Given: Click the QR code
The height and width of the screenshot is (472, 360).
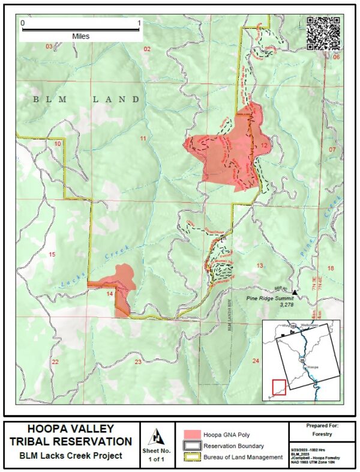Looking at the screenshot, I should tap(323, 34).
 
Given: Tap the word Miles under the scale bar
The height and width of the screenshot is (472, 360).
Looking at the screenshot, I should tap(80, 37).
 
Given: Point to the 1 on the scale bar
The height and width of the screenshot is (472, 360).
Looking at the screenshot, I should tap(139, 23).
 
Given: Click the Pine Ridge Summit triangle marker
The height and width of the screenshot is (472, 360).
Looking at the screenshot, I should tap(295, 291).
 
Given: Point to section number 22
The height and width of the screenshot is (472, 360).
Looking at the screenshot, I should tap(55, 362).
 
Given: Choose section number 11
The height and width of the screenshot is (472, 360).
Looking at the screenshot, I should tap(143, 139).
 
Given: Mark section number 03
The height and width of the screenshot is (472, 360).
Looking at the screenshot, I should tap(49, 47).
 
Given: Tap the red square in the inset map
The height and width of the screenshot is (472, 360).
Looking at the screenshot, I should tap(279, 387).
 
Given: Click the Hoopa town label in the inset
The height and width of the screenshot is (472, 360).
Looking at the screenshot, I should tap(312, 366).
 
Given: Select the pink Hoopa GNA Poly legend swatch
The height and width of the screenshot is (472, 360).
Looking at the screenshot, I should tap(191, 434).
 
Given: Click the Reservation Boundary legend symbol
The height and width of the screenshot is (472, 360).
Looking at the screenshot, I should tap(191, 446).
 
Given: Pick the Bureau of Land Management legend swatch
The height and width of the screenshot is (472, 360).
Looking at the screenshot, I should tap(191, 457).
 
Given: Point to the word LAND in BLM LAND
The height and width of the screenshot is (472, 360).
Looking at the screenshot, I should tap(116, 99).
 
